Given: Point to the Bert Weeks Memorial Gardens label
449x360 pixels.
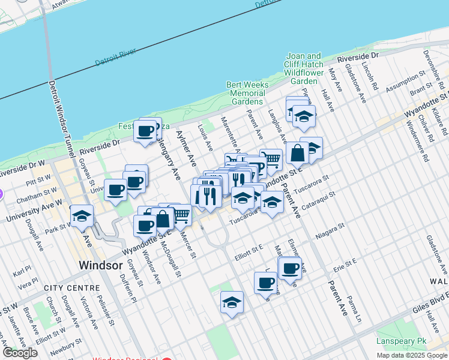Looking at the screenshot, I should [247, 93].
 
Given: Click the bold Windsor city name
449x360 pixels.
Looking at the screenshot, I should [101, 265].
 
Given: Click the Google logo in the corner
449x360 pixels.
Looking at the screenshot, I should [20, 353].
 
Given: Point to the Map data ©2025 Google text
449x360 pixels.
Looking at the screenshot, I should [412, 355].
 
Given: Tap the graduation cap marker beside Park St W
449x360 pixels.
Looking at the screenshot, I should [82, 217].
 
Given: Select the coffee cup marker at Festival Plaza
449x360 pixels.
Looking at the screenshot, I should [145, 131].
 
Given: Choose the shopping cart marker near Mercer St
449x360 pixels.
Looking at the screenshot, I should [181, 215].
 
